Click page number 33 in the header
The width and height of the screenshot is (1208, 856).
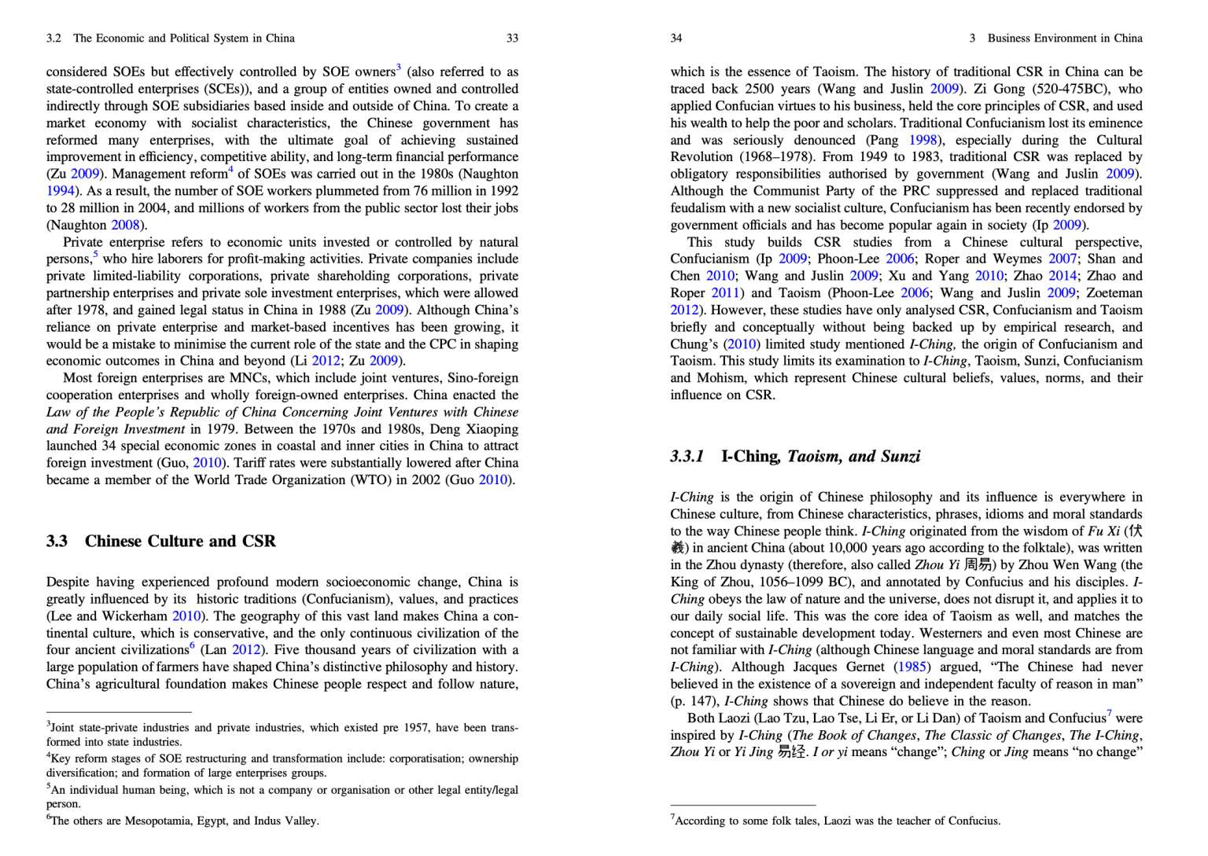click(512, 38)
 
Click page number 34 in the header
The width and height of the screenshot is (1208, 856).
click(676, 38)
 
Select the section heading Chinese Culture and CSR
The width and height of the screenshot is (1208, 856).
click(180, 541)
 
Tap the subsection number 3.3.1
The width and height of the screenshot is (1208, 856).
click(687, 456)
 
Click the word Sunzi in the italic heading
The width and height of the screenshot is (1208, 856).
click(900, 456)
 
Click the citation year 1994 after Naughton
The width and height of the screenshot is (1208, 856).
click(60, 190)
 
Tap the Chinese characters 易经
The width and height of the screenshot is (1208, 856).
click(792, 751)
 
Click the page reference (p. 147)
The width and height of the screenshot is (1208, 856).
click(694, 701)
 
